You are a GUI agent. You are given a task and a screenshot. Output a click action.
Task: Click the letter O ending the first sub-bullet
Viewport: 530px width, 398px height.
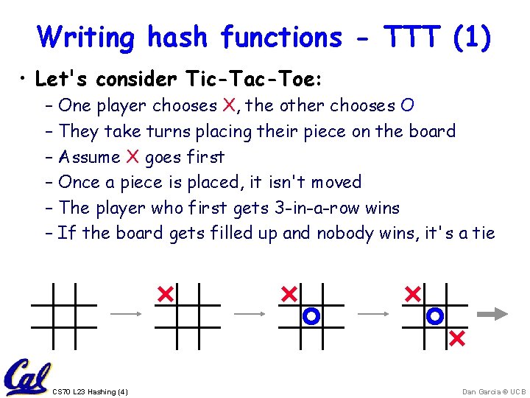[407, 106]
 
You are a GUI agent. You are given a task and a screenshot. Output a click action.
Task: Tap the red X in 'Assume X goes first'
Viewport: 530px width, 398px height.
[132, 157]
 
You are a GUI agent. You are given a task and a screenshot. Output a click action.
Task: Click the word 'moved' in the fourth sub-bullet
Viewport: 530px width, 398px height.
[336, 182]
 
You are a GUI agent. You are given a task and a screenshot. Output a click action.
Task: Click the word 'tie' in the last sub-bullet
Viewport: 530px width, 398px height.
[483, 234]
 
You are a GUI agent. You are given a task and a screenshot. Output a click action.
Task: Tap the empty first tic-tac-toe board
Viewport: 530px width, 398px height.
[64, 315]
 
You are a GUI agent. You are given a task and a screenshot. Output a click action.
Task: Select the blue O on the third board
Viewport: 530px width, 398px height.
[311, 316]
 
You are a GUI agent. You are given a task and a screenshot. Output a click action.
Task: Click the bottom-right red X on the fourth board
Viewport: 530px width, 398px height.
[456, 338]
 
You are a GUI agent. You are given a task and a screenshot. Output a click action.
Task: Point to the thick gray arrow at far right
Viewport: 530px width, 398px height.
[492, 315]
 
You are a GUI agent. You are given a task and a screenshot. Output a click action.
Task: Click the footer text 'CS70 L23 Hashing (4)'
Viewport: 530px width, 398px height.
[91, 391]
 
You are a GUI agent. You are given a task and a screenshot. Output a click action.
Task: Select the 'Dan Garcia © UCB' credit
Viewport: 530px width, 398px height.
[494, 391]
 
